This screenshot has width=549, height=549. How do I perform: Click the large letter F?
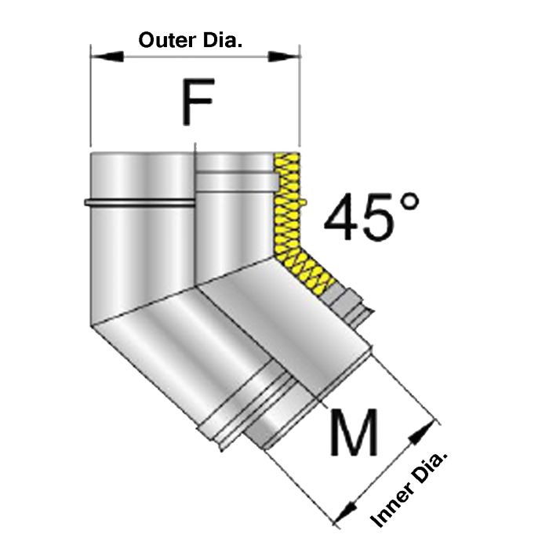196,102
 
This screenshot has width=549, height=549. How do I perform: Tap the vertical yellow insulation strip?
287,200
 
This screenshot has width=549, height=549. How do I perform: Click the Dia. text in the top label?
220,39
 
